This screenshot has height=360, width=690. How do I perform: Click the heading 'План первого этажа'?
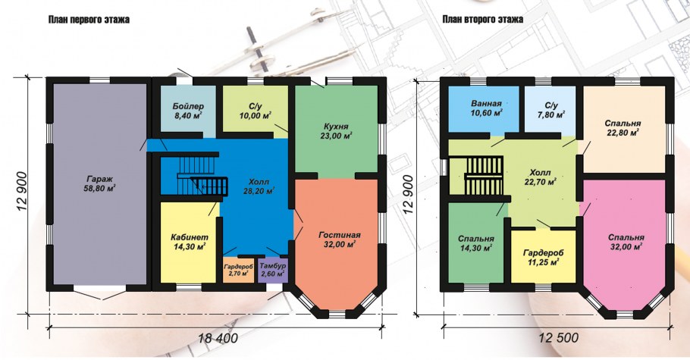coord(89,20)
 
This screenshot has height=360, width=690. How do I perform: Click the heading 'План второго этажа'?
coord(483,20)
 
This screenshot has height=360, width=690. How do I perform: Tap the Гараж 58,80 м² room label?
coord(99,183)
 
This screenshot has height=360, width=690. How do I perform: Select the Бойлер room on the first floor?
coord(188,108)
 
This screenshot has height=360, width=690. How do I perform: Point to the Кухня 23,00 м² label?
coord(337,131)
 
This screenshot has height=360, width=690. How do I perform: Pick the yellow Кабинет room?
coord(190,242)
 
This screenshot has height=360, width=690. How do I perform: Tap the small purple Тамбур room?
coord(273,270)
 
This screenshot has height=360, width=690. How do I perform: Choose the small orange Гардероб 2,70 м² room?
coord(238,270)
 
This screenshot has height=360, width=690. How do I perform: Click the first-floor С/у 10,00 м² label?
coord(256,111)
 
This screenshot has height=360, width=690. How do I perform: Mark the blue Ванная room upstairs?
coord(483,108)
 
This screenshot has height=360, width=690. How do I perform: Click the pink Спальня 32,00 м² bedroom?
coord(626,242)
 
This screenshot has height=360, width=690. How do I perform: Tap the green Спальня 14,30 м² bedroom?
coord(475,242)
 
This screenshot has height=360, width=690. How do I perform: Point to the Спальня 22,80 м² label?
coord(623,127)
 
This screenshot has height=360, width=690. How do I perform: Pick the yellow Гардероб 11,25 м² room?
coord(543,256)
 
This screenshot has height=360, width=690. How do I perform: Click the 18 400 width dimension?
coord(218,339)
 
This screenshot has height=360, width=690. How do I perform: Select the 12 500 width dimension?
coord(558,338)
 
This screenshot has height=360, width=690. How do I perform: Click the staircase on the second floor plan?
coord(483,175)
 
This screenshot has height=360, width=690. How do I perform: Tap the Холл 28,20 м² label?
coord(259,186)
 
